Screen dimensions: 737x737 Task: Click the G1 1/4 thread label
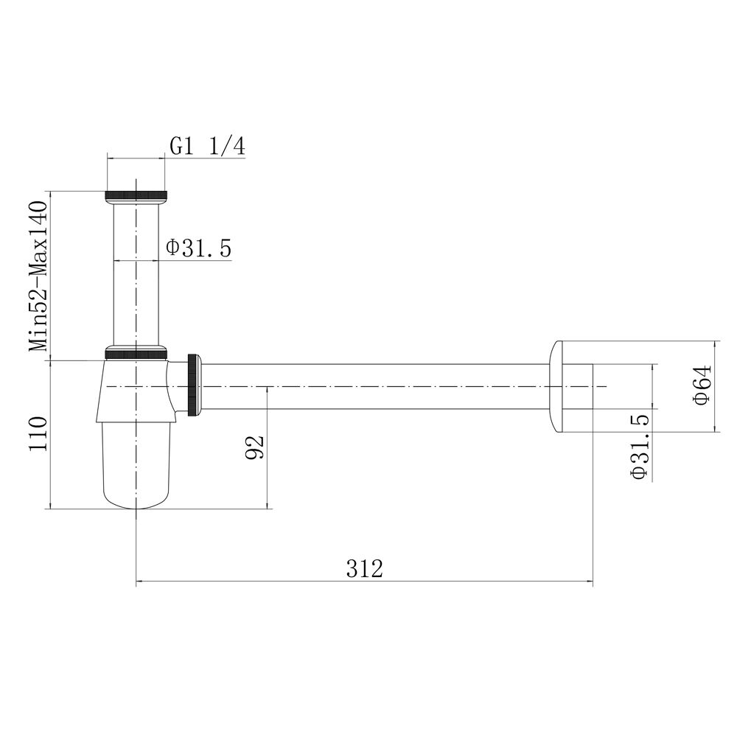point(207,147)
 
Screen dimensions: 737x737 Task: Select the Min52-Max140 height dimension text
point(38,276)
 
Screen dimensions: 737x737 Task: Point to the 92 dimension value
point(256,447)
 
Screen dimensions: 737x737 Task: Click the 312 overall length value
point(365,569)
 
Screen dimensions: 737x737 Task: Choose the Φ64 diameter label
point(702,385)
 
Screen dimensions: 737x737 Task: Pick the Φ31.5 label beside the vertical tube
point(199,248)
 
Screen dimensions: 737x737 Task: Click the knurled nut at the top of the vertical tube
point(136,195)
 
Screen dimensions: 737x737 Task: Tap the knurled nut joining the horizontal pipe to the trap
point(193,385)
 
